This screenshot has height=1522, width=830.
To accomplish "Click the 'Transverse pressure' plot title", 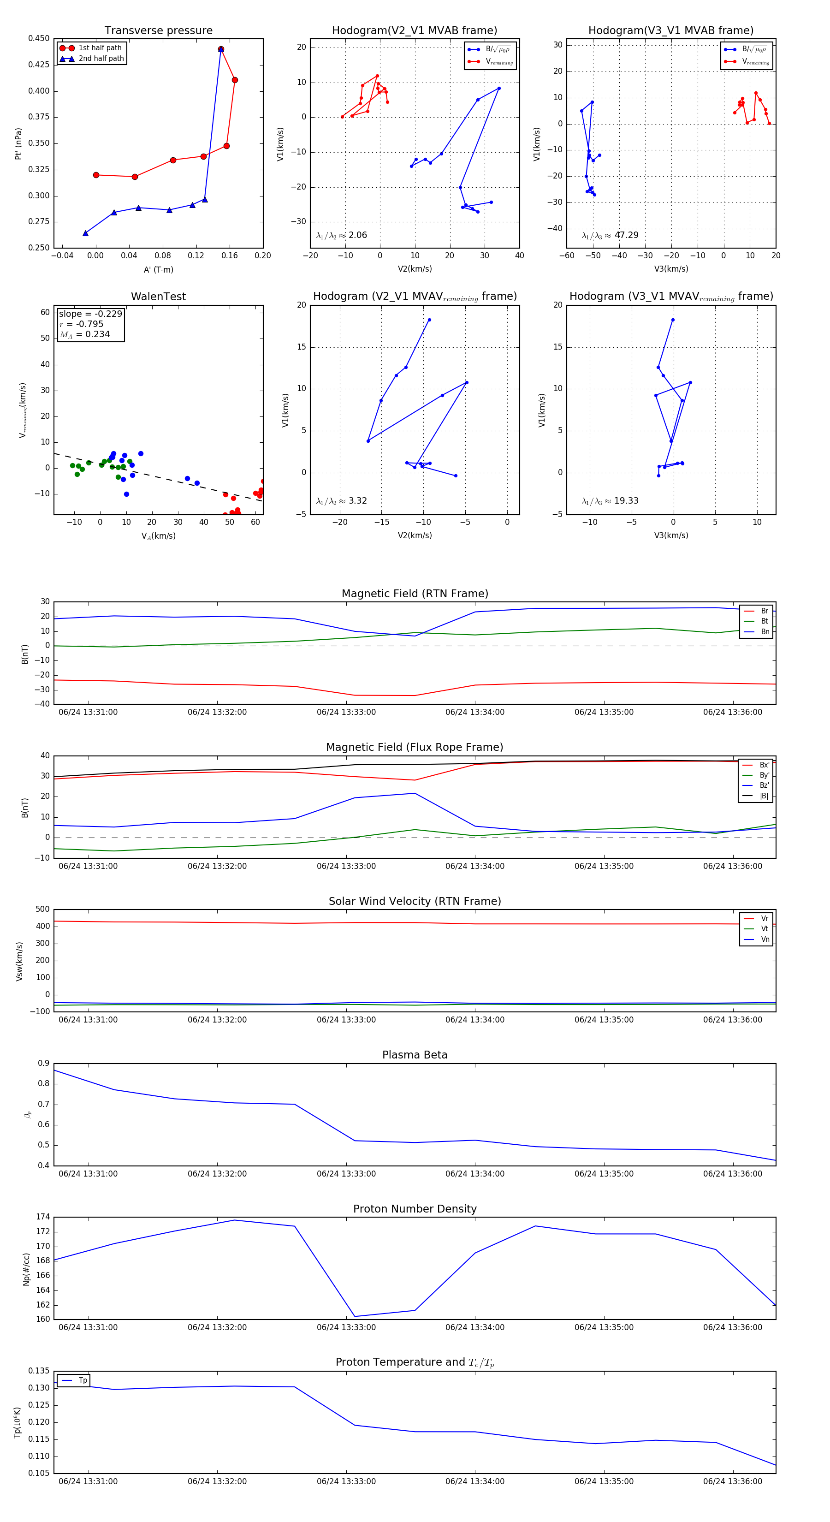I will pos(158,31).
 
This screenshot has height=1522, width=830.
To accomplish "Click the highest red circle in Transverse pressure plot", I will pos(221,50).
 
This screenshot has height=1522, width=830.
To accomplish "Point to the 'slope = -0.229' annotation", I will pos(90,314).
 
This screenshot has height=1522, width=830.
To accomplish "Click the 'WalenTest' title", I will pos(158,297).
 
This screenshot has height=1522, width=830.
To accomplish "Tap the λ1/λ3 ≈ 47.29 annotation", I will pos(610,235).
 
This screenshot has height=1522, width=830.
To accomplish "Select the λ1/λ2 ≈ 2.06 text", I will pos(341,235).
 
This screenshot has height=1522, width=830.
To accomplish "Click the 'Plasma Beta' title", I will pos(415,1055).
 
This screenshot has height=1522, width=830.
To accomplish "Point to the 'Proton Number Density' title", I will pos(415,1209).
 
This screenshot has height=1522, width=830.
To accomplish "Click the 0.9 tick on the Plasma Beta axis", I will pos(44,1064).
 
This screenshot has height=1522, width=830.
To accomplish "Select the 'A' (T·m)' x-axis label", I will pos(158,269).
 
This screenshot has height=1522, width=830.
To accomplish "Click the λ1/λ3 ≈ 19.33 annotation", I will pos(610,501).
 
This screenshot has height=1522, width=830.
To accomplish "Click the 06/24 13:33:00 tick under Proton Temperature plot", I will pos(346,1481).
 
